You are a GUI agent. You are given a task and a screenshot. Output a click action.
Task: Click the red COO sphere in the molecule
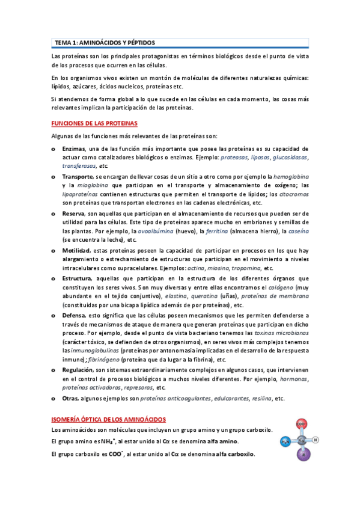tap(302, 425)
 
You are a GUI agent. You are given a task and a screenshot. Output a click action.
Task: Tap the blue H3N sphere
tap(285, 442)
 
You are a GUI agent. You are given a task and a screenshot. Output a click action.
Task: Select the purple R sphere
tap(303, 455)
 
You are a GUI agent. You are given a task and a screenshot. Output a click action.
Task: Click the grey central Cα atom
tap(302, 440)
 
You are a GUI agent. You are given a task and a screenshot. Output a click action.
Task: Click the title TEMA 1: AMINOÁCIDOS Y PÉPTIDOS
tap(105, 43)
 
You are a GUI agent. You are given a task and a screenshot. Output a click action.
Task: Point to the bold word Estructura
tap(76, 278)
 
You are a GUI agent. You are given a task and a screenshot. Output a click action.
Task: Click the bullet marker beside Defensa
tap(53, 315)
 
